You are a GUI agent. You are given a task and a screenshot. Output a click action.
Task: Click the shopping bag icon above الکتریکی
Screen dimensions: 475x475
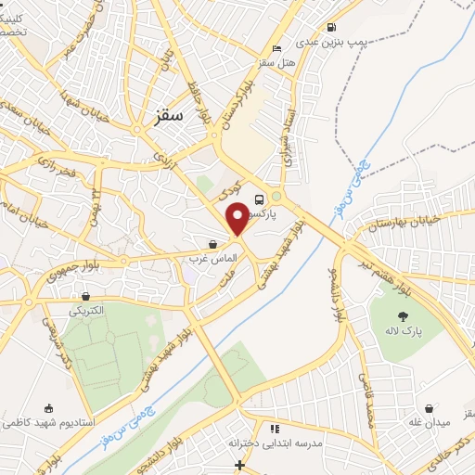85,296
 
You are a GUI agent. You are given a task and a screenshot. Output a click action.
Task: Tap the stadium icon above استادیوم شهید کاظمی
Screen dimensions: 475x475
49,408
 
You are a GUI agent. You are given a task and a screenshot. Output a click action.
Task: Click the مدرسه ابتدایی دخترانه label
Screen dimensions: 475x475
276,443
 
